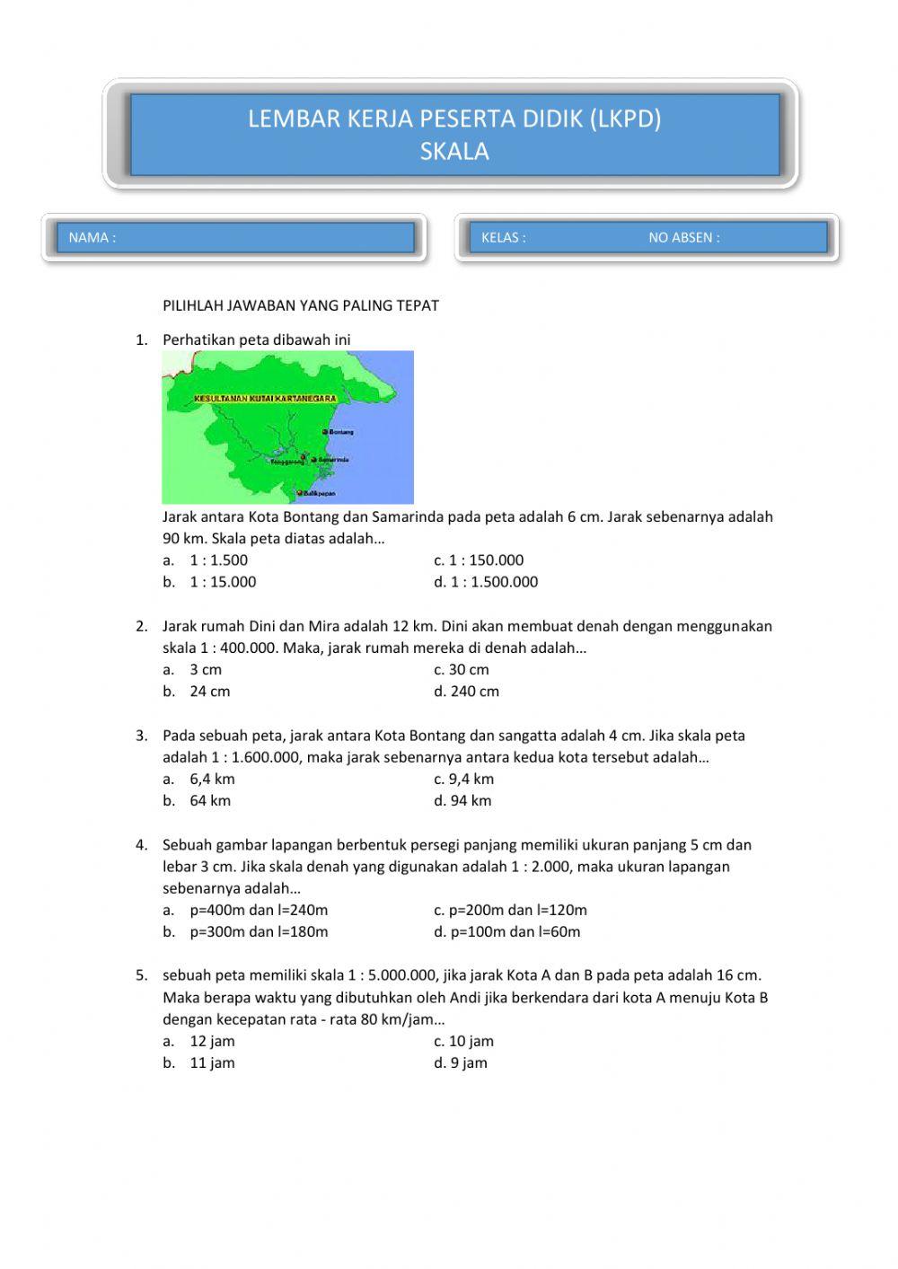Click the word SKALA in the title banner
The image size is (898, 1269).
pyautogui.click(x=454, y=151)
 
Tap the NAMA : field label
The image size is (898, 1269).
pyautogui.click(x=92, y=238)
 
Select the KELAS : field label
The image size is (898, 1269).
pyautogui.click(x=504, y=238)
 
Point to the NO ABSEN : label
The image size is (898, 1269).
pyautogui.click(x=684, y=238)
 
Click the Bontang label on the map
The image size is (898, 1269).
pyautogui.click(x=342, y=432)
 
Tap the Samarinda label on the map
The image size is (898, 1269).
pyautogui.click(x=333, y=460)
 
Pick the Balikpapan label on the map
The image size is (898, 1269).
pyautogui.click(x=319, y=494)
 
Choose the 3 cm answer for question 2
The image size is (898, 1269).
pyautogui.click(x=206, y=670)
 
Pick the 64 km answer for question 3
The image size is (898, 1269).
pyautogui.click(x=210, y=801)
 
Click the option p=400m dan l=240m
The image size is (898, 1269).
pyautogui.click(x=259, y=911)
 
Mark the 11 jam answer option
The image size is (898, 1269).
pyautogui.click(x=212, y=1063)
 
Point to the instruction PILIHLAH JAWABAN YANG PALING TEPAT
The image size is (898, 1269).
pyautogui.click(x=301, y=305)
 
